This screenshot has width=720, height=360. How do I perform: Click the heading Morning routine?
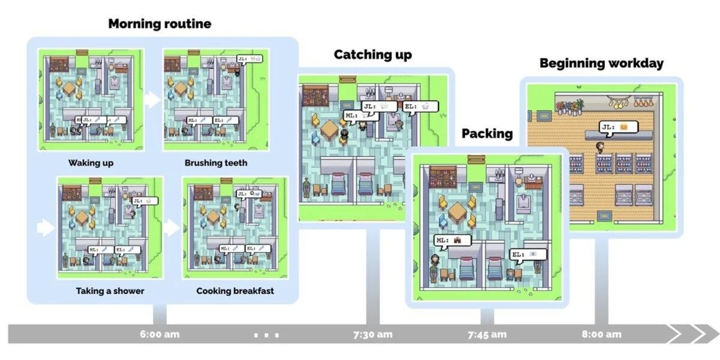point(160,24)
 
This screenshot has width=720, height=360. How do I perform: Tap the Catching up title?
point(373,55)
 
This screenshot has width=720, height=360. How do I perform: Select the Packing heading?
point(487,133)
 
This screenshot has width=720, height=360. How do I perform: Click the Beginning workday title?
point(601,63)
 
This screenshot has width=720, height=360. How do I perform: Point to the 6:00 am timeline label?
point(160,334)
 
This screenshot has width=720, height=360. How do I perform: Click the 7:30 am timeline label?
point(373,334)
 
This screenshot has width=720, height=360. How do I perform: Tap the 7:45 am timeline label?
point(487,334)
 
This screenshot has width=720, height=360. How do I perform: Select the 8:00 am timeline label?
point(601,334)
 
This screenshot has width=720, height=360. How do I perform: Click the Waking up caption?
point(91,163)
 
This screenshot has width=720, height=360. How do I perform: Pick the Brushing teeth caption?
point(215,163)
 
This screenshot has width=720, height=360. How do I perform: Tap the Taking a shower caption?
point(110,291)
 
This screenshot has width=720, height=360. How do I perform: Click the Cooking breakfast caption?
point(235,291)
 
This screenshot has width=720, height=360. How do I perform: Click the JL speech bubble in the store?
point(617,127)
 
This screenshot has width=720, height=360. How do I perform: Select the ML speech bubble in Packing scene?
point(452,241)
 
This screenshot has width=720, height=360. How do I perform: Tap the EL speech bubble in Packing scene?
point(528,254)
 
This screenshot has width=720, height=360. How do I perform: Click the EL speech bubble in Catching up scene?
point(420,107)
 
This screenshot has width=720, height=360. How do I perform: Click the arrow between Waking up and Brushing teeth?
point(154,100)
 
